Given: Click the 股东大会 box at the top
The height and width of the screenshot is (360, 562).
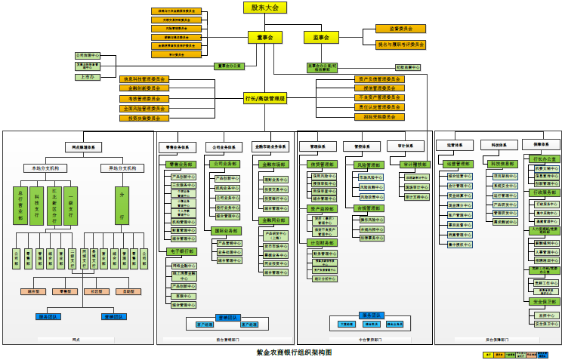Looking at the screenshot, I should point(265,8).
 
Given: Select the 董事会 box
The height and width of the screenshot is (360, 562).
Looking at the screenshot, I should point(264,37).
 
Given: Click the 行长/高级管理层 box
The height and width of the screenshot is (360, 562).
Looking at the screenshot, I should point(265,99).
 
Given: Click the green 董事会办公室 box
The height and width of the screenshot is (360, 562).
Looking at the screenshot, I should point(230,66).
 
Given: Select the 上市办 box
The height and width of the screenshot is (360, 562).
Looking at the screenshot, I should point(88,77).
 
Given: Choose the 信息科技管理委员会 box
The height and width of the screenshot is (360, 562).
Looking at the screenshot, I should point(144,78).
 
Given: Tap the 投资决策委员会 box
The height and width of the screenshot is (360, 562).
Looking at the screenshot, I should point(144,118).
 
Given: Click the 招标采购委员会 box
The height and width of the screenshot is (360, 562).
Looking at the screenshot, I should point(379,117).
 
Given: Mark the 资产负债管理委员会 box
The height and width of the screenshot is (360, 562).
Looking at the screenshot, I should point(379,78).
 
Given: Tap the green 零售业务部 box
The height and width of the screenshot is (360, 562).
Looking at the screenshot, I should point(181,164).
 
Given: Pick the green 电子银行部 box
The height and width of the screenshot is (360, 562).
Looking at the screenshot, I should point(181,251).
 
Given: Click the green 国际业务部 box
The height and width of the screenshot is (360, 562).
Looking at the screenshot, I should point(226,231).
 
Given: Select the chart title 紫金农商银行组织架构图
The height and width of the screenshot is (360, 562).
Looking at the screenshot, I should point(294,352).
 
